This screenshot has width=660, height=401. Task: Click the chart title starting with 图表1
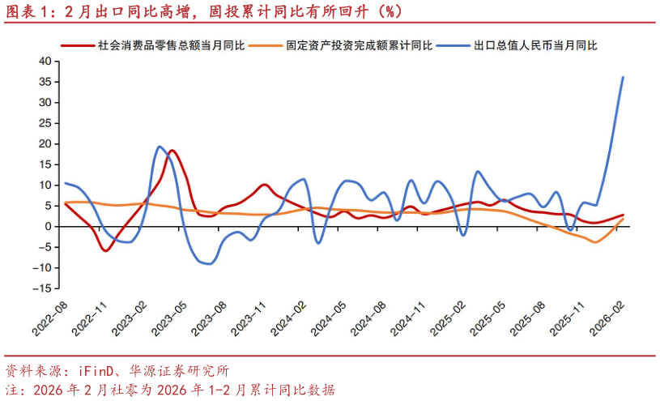coord(202,11)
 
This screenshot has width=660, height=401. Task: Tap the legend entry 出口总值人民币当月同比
coord(535,46)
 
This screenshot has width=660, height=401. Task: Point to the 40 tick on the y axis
coord(45,62)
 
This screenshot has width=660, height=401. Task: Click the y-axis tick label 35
coord(45,82)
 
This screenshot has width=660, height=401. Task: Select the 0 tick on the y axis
coord(49,227)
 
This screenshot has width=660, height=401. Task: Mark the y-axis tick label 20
coord(45,144)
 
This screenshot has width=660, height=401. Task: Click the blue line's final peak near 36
coord(622,78)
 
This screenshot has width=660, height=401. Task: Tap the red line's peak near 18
coord(172,151)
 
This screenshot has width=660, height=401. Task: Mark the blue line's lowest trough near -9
coord(210,263)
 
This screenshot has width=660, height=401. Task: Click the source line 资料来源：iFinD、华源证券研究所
coord(118,371)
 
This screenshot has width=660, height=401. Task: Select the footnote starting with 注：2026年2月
coord(170,390)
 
